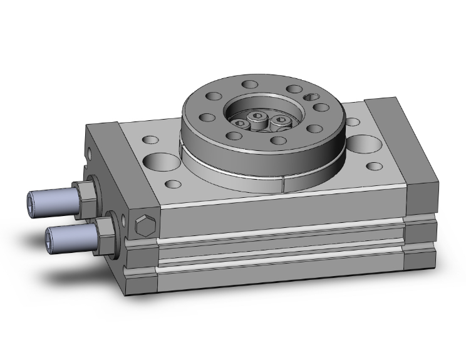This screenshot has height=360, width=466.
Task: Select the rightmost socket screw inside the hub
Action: coord(281,120)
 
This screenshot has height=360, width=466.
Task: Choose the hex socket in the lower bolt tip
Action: coord(50,238)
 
